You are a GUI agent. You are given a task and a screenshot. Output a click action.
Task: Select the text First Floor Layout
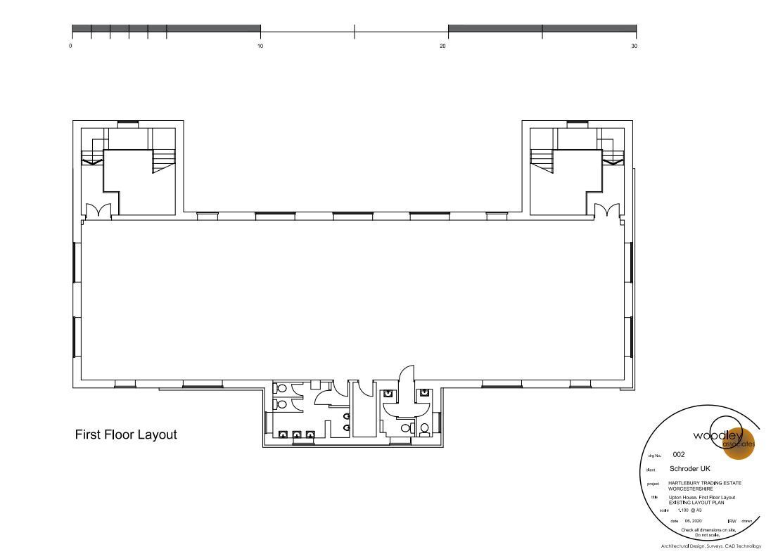pyautogui.click(x=126, y=435)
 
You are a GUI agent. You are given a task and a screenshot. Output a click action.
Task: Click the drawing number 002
pyautogui.click(x=679, y=455)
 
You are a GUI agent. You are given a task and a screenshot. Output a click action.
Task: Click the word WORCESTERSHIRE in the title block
pyautogui.click(x=690, y=489)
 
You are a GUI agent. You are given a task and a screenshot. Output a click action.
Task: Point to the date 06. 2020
pyautogui.click(x=693, y=521)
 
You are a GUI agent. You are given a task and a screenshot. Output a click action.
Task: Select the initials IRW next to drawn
pyautogui.click(x=732, y=521)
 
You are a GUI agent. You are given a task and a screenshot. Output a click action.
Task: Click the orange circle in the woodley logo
pyautogui.click(x=739, y=442)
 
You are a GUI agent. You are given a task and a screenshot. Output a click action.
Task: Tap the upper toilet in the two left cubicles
pyautogui.click(x=281, y=388)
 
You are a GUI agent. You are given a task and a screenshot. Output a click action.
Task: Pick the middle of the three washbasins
pyautogui.click(x=297, y=434)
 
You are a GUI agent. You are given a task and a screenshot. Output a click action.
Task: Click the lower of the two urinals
pyautogui.click(x=346, y=426)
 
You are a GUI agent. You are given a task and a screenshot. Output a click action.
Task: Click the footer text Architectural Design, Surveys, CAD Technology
pyautogui.click(x=710, y=546)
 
